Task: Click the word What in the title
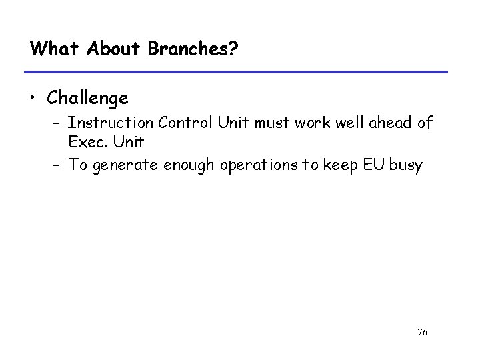coord(49,49)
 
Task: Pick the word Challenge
coord(87,99)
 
